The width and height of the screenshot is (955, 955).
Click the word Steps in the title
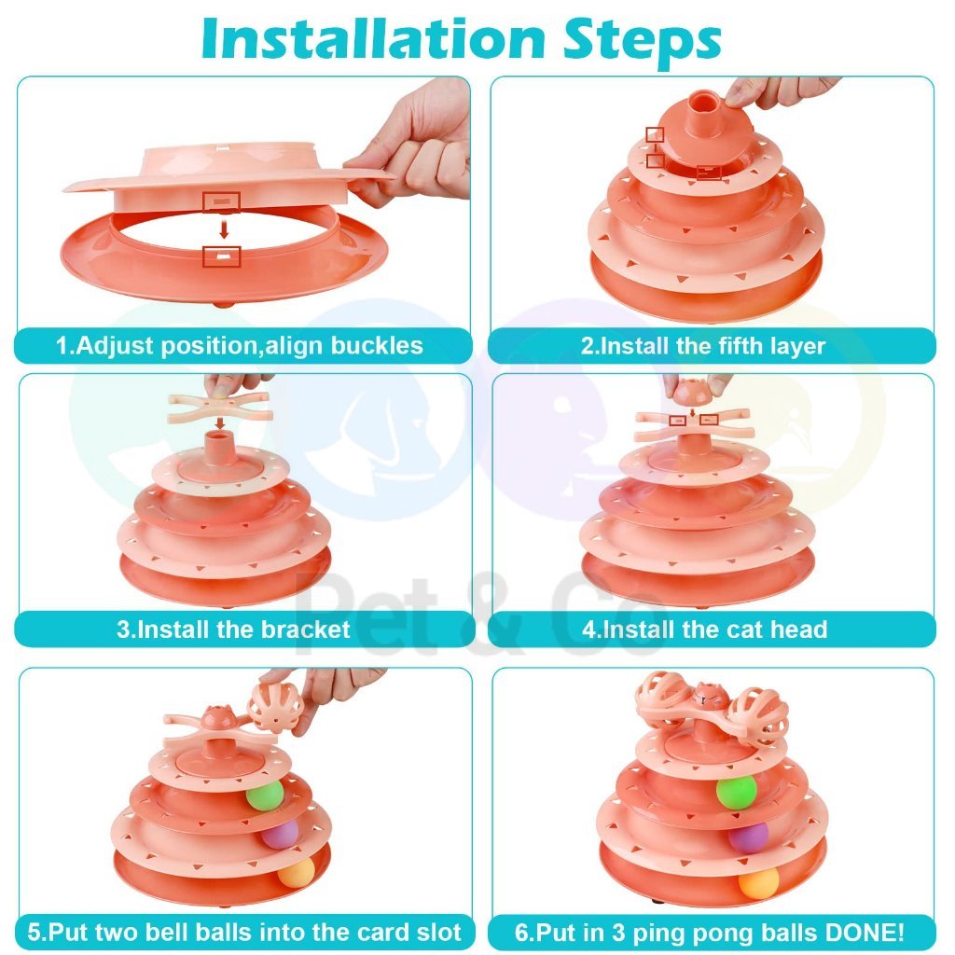click(642, 40)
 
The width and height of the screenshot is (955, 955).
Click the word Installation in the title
click(373, 39)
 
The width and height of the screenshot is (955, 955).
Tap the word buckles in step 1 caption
click(377, 345)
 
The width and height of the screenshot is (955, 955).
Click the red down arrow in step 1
click(224, 229)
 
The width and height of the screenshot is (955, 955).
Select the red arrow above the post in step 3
click(220, 423)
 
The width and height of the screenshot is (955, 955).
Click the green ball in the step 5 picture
click(265, 795)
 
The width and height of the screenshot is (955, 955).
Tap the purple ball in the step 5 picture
click(280, 834)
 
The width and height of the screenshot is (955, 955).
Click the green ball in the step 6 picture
click(737, 791)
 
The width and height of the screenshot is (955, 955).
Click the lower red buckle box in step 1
click(222, 256)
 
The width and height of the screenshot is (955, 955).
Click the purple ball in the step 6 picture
click(749, 837)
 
